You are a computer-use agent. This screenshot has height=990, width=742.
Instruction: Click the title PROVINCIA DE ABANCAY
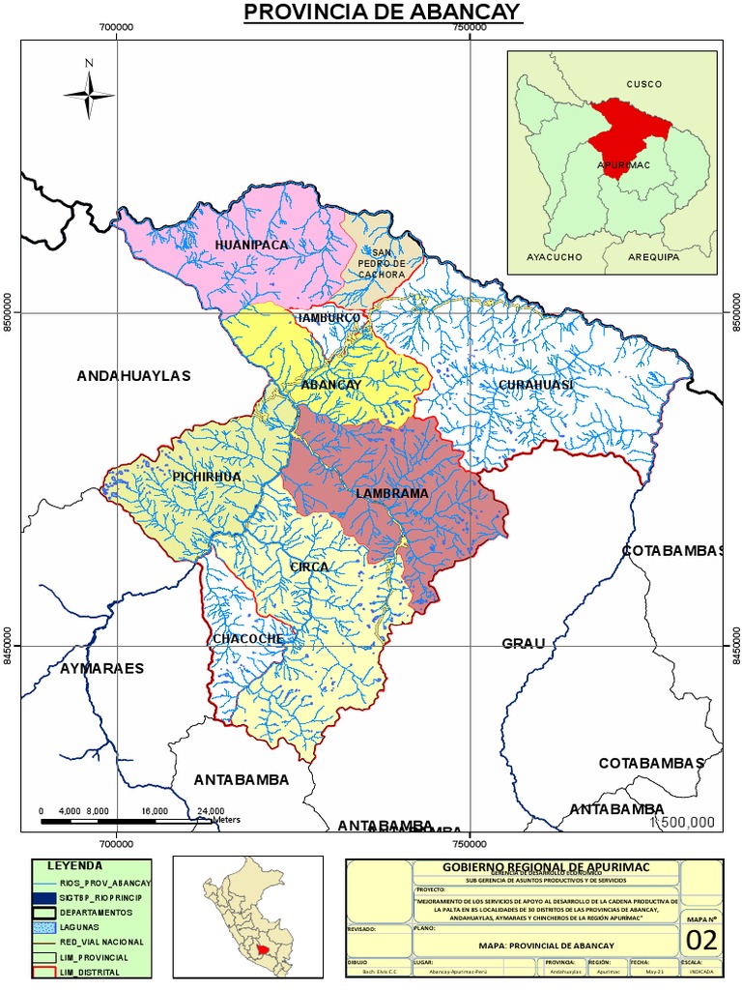(x=382, y=13)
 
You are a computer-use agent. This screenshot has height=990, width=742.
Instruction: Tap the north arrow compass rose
(x=90, y=92)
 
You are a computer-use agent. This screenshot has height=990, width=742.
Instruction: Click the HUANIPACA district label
(x=252, y=246)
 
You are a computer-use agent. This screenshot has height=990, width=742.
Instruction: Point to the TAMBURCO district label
(x=329, y=317)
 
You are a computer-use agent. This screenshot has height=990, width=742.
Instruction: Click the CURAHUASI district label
(x=536, y=385)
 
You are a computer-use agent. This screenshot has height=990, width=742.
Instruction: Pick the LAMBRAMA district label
(x=391, y=493)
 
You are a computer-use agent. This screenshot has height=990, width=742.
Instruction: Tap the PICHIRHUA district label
(x=207, y=478)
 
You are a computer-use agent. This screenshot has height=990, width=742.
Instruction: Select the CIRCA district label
(x=309, y=567)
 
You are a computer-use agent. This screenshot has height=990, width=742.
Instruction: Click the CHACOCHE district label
(x=248, y=639)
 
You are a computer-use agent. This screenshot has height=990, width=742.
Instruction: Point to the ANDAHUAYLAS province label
(x=134, y=375)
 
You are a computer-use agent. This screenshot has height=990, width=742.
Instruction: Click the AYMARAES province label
(x=101, y=668)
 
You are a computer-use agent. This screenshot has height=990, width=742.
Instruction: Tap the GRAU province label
(x=524, y=643)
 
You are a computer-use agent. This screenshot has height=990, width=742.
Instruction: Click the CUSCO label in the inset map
(x=643, y=84)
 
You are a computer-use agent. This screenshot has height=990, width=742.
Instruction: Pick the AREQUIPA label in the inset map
(x=652, y=257)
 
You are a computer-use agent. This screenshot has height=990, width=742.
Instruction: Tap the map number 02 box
(x=702, y=940)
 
